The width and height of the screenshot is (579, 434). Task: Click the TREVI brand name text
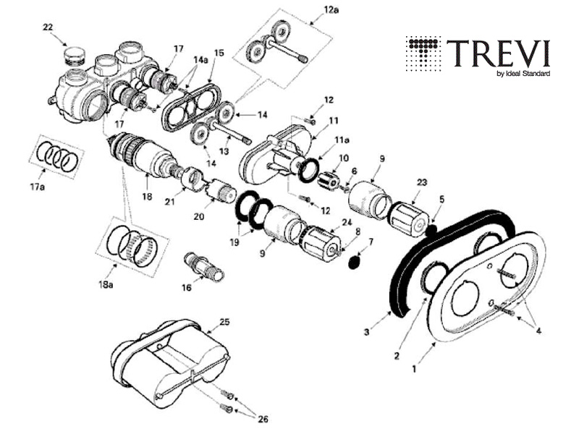(498, 54)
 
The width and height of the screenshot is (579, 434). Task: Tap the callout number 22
(48, 27)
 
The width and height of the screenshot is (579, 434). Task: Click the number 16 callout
(187, 287)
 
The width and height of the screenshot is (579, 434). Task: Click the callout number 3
(368, 332)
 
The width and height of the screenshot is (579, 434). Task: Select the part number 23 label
(420, 184)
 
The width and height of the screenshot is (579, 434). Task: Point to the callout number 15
(220, 53)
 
